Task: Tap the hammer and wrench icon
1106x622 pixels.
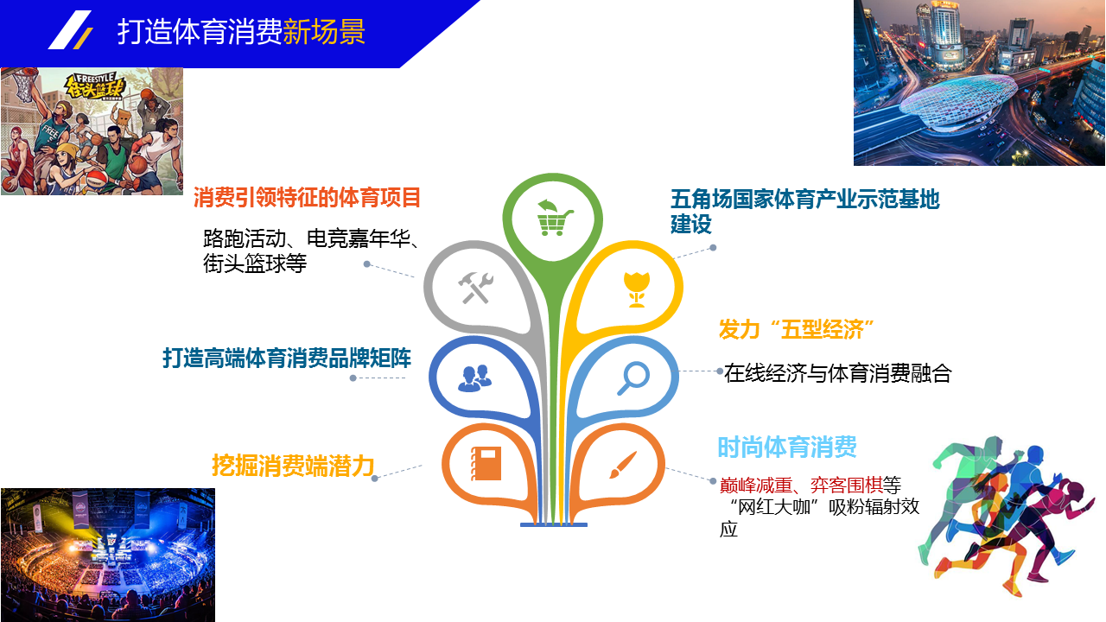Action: click(475, 288)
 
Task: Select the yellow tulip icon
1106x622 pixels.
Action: click(637, 289)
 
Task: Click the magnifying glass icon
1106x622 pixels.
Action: click(633, 378)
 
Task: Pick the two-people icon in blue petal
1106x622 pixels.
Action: click(474, 378)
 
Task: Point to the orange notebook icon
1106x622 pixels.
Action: click(486, 464)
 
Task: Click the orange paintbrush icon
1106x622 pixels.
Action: click(623, 465)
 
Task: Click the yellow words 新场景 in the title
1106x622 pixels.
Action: click(324, 32)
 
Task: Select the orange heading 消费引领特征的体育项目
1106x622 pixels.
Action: click(307, 198)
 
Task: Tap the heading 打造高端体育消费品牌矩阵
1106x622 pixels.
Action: click(287, 358)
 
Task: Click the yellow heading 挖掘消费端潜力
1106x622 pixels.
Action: click(293, 466)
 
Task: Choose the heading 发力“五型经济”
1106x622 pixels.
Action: click(796, 329)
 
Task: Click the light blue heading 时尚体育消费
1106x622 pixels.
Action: click(787, 447)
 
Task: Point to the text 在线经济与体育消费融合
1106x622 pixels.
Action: click(838, 373)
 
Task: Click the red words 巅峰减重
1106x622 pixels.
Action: click(756, 486)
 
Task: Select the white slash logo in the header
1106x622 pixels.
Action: click(69, 30)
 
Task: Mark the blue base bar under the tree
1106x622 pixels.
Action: click(554, 524)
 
